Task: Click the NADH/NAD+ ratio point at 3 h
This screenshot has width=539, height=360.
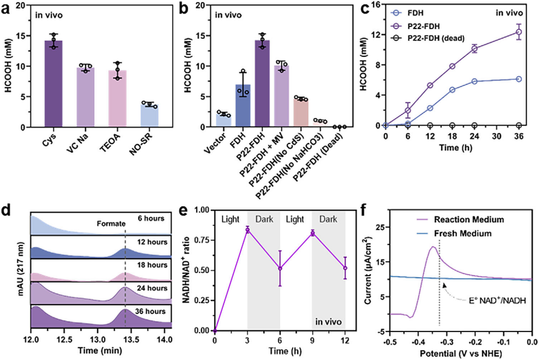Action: (247, 230)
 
